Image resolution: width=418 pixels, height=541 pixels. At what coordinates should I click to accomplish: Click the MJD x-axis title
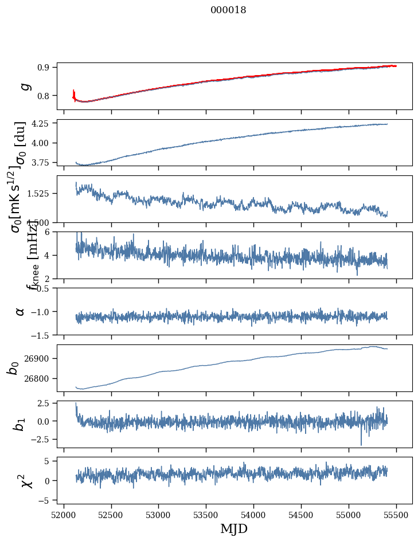point(234,528)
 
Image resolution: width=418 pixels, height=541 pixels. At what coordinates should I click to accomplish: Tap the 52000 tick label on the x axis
point(64,514)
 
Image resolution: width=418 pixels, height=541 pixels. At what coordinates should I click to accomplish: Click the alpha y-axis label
point(20,311)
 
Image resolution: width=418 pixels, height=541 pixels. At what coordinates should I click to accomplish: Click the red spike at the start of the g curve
point(74,93)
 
